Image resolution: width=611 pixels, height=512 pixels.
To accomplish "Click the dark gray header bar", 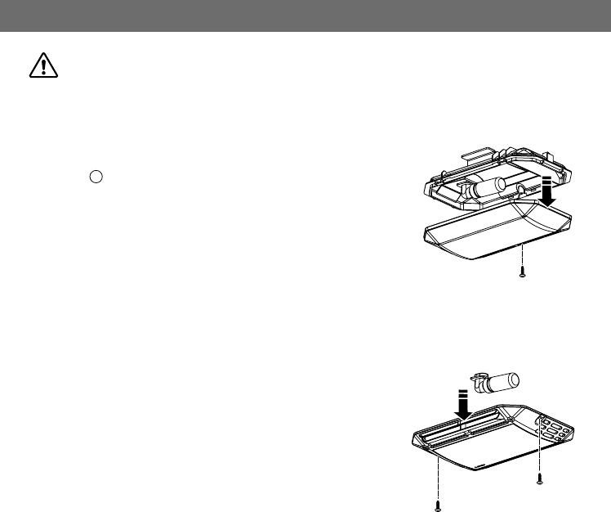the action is pos(305,16).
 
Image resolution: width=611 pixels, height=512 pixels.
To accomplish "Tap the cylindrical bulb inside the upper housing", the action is pos(489,186).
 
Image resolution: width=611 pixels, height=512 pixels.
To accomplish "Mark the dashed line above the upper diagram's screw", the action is pos(522,258).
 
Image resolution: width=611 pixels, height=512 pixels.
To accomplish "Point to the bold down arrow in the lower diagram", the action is pos(462,403).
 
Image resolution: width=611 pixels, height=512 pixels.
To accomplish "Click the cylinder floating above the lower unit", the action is pos(499,380).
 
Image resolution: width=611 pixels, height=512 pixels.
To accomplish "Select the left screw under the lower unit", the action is pos(439,505).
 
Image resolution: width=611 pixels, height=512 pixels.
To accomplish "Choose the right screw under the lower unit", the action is pos(538,478).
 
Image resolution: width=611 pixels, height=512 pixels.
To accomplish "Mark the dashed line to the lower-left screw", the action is pos(439,478).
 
